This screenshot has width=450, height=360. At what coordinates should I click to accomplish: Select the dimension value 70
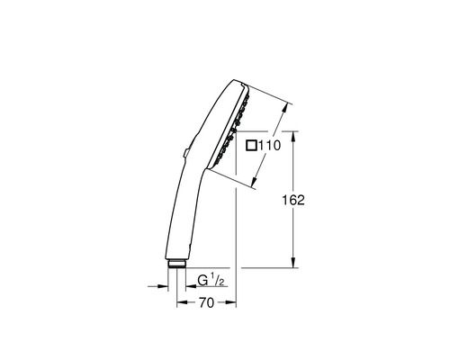[x=205, y=303]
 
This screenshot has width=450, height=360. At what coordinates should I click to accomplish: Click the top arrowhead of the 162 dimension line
[x=293, y=135]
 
